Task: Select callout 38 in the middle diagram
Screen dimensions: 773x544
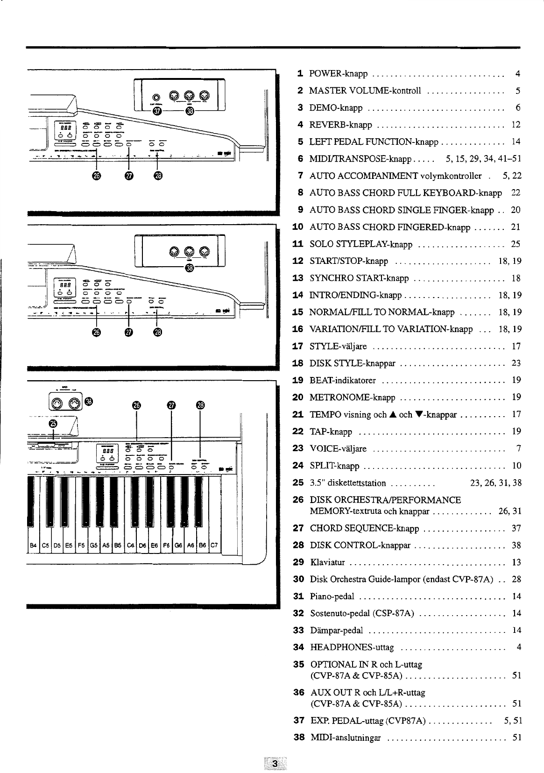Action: coord(189,268)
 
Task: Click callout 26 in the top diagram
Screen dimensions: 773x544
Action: coord(96,176)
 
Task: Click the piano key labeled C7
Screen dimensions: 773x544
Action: coord(214,545)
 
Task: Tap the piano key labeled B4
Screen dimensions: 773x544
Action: coord(33,545)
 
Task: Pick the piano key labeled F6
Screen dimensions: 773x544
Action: coord(166,545)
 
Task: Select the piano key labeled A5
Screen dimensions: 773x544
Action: coord(106,545)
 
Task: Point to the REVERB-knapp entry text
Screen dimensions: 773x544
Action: coord(341,125)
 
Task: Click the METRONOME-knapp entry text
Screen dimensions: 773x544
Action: coord(353,397)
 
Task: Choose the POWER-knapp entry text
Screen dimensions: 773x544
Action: coord(339,74)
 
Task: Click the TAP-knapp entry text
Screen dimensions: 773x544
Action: coord(331,432)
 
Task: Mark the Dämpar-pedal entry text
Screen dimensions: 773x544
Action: coord(336,631)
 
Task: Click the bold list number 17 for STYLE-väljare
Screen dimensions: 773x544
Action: coord(298,347)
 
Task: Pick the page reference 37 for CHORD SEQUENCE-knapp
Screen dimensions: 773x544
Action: coord(516,528)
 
